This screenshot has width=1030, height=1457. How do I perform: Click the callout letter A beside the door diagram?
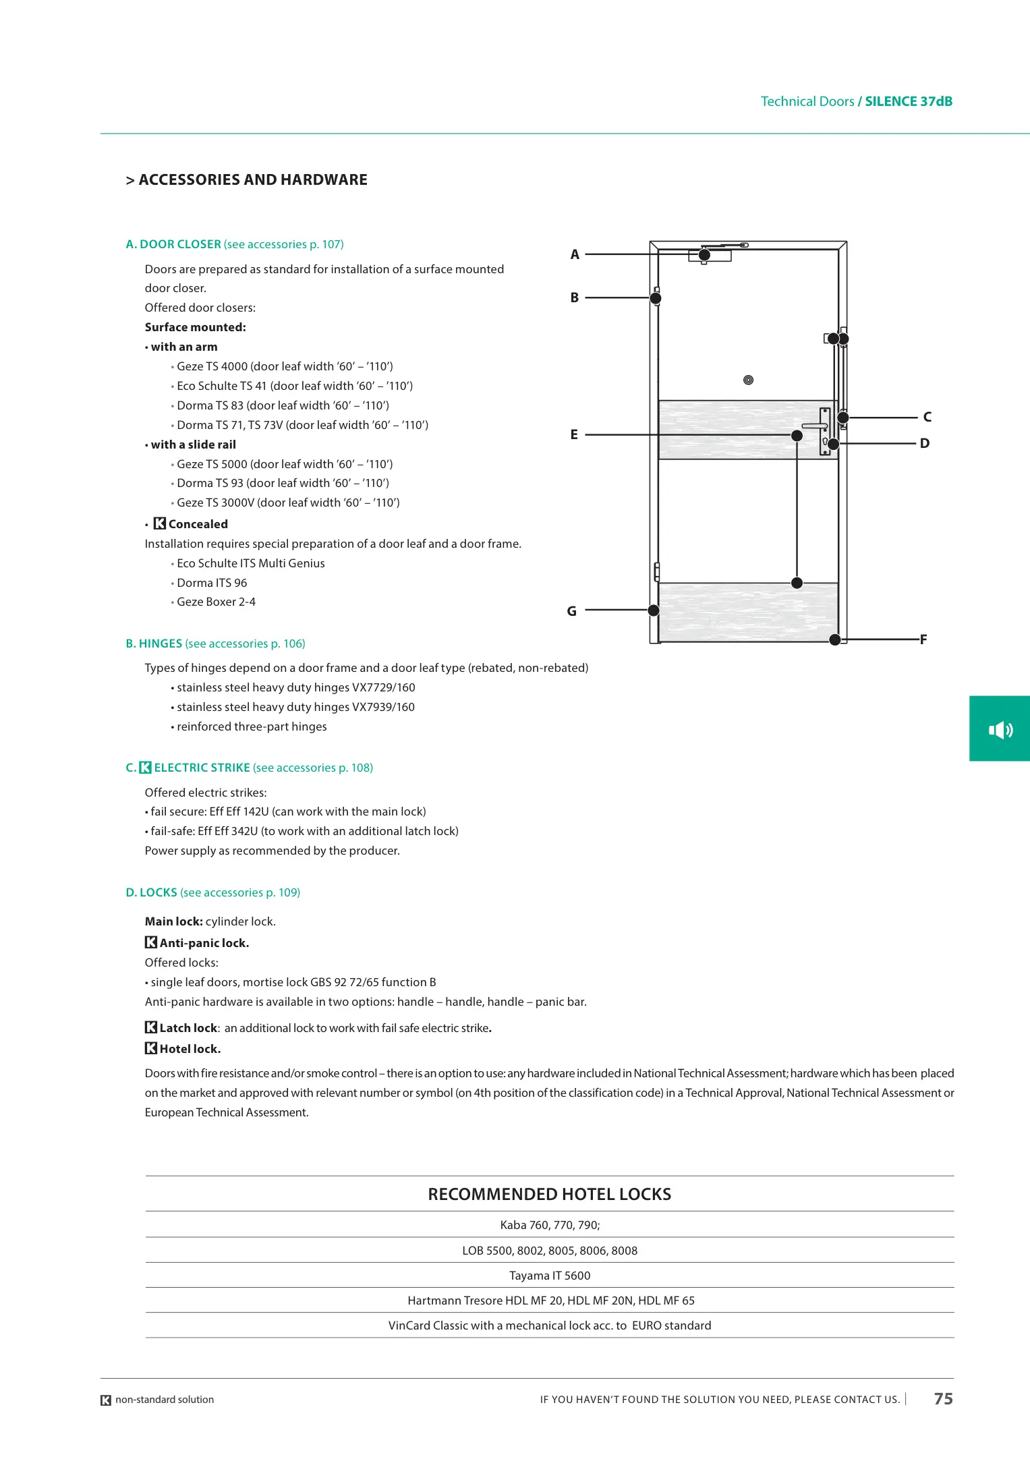(575, 254)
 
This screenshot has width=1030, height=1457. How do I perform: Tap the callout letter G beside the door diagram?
(571, 611)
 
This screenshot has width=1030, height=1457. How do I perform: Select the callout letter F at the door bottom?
(923, 639)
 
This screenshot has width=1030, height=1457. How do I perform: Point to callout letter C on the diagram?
(927, 417)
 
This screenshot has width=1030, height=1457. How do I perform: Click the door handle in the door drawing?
(814, 426)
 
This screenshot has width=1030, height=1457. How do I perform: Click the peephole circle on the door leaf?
(748, 380)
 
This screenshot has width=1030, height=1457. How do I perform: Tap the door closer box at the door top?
(710, 256)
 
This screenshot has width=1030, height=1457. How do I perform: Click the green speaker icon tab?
(1000, 729)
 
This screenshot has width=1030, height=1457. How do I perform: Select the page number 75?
(943, 1399)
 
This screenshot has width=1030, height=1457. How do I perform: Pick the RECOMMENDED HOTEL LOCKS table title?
(549, 1195)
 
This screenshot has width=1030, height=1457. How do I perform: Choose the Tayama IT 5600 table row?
(549, 1276)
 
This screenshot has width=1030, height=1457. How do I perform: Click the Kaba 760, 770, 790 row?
(549, 1225)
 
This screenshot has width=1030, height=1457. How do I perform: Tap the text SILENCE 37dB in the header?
(909, 102)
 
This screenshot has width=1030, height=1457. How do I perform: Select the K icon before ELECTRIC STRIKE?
(145, 768)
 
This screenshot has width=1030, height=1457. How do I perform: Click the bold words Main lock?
(174, 921)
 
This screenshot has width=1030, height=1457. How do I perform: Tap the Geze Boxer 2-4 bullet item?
(216, 602)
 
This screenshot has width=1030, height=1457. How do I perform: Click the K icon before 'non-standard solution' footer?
(106, 1400)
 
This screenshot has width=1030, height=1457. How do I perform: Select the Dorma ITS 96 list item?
(212, 583)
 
